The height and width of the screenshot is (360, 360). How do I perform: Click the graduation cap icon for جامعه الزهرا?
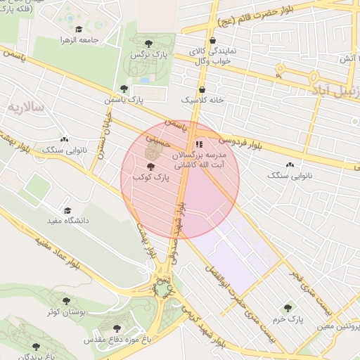[79, 30]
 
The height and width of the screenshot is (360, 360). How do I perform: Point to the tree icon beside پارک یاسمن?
[124, 89]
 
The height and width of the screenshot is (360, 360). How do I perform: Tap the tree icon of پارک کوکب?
[150, 167]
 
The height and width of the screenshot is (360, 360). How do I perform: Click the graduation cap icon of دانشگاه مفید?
[67, 210]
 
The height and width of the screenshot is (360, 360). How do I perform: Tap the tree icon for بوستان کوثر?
[66, 301]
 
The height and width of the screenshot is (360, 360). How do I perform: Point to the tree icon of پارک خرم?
[287, 308]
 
